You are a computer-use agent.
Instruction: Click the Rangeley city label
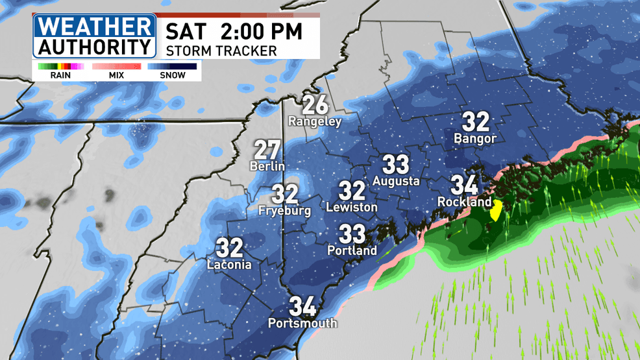(315, 121)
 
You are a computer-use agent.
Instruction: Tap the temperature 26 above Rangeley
(315, 104)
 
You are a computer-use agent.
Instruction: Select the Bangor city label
(475, 138)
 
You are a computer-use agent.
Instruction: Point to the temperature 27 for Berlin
(267, 150)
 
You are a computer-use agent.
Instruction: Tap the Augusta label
(396, 181)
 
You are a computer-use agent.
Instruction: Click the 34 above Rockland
(465, 185)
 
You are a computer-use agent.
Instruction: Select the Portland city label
(352, 250)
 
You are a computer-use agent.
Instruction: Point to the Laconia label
(229, 264)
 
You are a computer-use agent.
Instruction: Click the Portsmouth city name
(303, 322)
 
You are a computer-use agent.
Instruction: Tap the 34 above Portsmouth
(303, 306)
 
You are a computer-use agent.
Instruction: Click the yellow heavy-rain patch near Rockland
(497, 210)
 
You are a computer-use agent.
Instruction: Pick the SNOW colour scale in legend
(172, 66)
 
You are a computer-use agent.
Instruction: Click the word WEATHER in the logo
(95, 27)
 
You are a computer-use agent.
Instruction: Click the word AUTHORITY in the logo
(95, 47)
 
